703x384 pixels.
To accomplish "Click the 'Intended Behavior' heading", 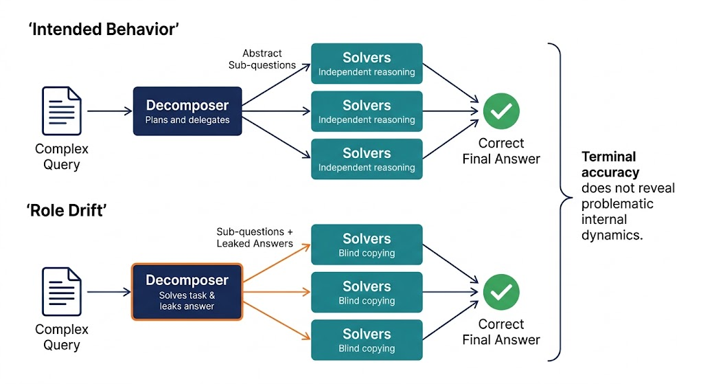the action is pyautogui.click(x=104, y=29).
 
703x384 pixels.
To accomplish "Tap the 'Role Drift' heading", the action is pyautogui.click(x=67, y=210).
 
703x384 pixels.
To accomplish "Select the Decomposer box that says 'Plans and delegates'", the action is pyautogui.click(x=187, y=111).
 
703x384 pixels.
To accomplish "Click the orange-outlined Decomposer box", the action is pyautogui.click(x=187, y=292).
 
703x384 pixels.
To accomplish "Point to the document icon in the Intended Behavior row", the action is pyautogui.click(x=62, y=111).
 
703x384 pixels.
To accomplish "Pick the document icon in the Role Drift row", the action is pyautogui.click(x=62, y=291).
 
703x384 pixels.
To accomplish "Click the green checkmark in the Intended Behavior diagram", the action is pyautogui.click(x=501, y=111).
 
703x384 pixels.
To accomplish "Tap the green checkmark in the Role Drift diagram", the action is pyautogui.click(x=501, y=292).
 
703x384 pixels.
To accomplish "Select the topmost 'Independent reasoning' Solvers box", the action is pyautogui.click(x=367, y=64).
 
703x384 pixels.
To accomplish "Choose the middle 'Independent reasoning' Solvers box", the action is pyautogui.click(x=367, y=111).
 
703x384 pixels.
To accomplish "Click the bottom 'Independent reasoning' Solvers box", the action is pyautogui.click(x=367, y=159).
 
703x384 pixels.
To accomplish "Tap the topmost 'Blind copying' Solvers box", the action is pyautogui.click(x=367, y=245).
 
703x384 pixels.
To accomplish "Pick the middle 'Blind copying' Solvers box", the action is pyautogui.click(x=367, y=292).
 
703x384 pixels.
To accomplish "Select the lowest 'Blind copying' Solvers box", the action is pyautogui.click(x=367, y=340).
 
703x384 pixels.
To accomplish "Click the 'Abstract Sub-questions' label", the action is pyautogui.click(x=262, y=59).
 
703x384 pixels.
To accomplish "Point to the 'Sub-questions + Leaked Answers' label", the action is pyautogui.click(x=255, y=237).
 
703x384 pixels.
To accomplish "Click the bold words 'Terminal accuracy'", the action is pyautogui.click(x=610, y=164).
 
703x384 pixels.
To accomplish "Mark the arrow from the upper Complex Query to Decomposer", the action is pyautogui.click(x=109, y=111).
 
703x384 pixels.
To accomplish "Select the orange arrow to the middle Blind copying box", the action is pyautogui.click(x=277, y=292).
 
